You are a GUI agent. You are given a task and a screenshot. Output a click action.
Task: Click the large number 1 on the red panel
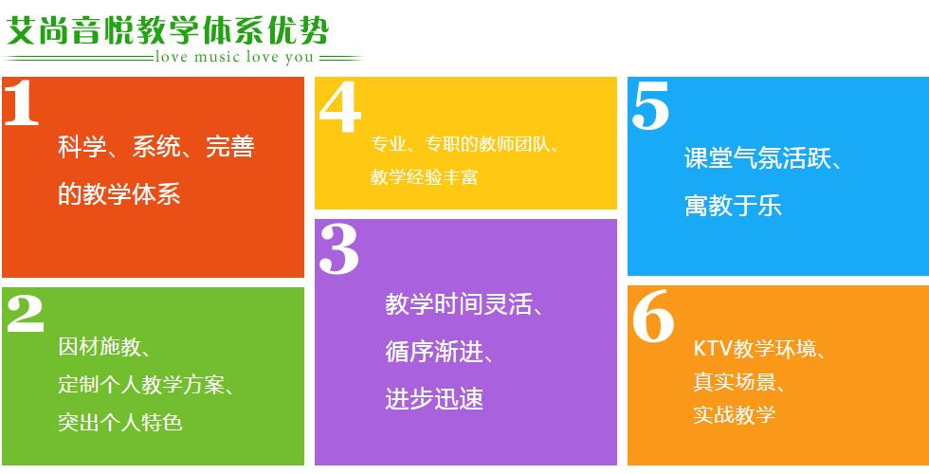[x=22, y=102]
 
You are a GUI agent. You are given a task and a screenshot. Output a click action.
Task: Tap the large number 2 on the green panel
[x=26, y=314]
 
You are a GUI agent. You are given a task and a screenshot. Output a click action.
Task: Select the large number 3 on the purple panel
[x=339, y=249]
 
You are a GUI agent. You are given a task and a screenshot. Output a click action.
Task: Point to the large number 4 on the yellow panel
[x=340, y=106]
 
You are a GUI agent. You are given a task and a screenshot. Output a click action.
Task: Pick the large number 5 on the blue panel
[x=650, y=105]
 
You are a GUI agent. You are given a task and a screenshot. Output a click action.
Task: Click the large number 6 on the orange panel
[x=653, y=317]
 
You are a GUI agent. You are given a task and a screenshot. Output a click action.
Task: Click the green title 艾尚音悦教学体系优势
[x=167, y=30]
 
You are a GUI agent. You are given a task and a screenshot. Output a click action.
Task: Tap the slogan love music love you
[x=234, y=58]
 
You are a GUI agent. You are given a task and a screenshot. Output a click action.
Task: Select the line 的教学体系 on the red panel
[x=119, y=193]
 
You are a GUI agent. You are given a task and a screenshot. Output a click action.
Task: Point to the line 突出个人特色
[x=120, y=423]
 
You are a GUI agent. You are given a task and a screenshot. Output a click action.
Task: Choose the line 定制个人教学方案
[x=141, y=385]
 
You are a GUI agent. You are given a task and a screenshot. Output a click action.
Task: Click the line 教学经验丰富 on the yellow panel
[x=425, y=176]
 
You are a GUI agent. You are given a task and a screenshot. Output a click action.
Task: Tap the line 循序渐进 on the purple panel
[x=433, y=352]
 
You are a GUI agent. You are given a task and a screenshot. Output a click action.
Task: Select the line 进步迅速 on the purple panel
[x=434, y=399]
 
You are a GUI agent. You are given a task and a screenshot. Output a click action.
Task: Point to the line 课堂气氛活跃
[x=757, y=158]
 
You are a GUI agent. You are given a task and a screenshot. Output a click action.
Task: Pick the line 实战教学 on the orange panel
[x=734, y=415]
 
